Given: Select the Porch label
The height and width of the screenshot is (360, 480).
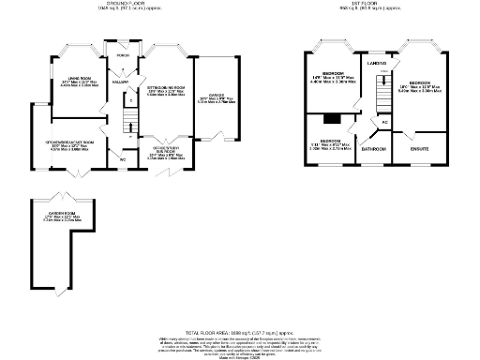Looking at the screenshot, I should (122, 56).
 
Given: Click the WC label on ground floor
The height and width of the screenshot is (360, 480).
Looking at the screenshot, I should (123, 157).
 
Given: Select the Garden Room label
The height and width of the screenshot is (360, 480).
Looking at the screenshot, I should (62, 215).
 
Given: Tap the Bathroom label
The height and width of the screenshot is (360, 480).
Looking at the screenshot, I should (375, 148).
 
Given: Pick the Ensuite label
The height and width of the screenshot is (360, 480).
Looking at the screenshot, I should (419, 148).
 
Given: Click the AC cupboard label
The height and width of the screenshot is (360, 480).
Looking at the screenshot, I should (384, 123).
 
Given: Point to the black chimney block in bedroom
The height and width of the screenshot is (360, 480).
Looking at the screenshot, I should (331, 119).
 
